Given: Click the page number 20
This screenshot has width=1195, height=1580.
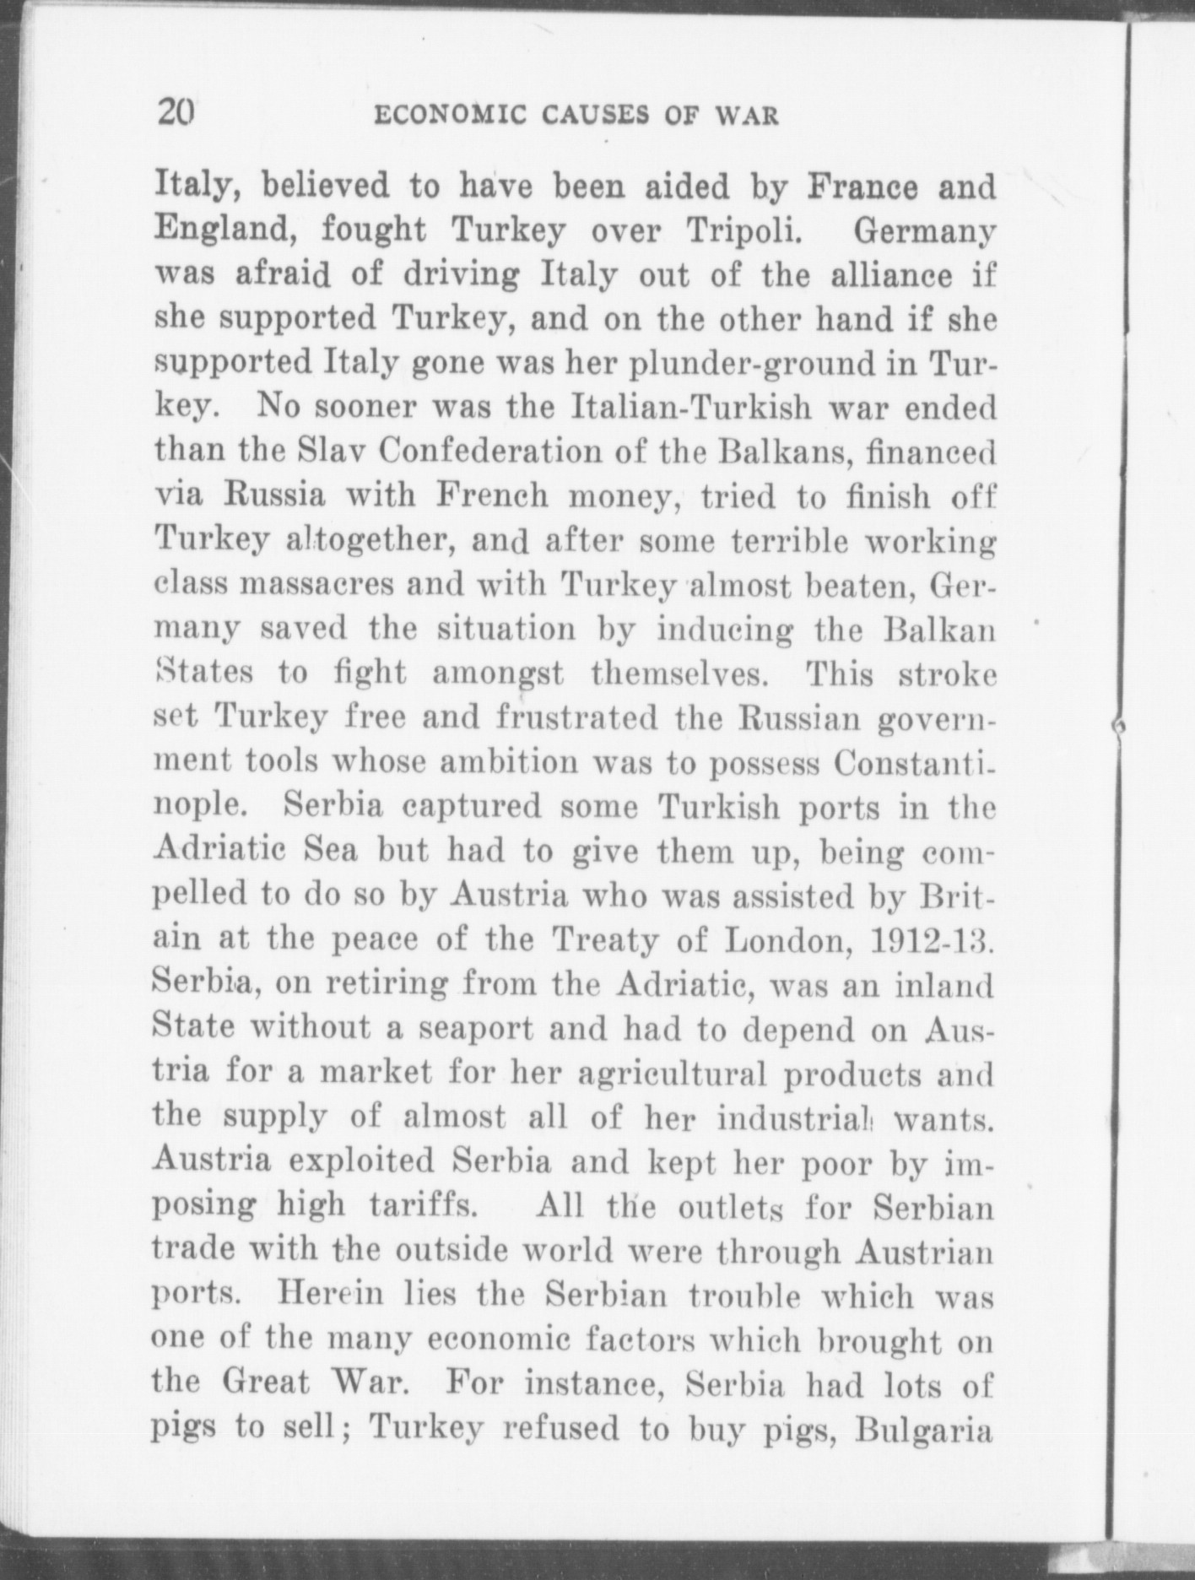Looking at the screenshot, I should coord(176,111).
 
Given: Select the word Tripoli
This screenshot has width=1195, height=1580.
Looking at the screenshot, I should coord(741,230).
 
